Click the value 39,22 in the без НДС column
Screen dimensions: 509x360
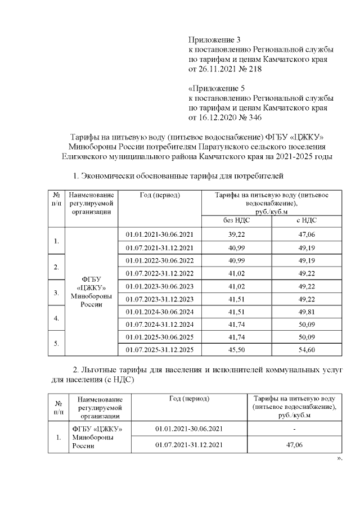point(236,234)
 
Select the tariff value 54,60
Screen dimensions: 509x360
point(307,350)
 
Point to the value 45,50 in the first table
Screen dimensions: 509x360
point(236,350)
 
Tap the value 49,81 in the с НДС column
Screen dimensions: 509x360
point(307,312)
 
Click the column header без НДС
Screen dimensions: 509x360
point(236,220)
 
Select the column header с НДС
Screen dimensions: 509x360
point(307,220)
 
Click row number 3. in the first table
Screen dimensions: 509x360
point(56,292)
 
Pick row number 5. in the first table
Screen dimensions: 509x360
point(56,344)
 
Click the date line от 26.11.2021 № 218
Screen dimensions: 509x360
point(224,69)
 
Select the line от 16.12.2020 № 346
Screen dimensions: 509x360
point(224,118)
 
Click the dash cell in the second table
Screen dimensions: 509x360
point(295,429)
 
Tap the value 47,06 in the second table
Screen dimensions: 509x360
point(295,445)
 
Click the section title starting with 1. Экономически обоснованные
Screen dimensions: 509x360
point(175,177)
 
